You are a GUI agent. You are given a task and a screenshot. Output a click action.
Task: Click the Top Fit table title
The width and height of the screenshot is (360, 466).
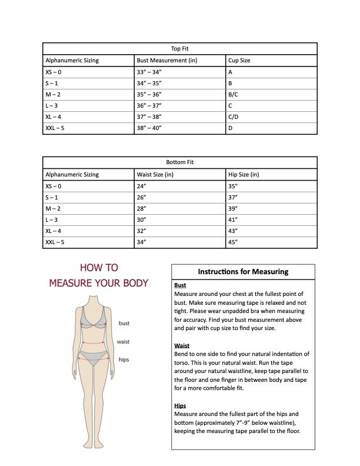click(180, 49)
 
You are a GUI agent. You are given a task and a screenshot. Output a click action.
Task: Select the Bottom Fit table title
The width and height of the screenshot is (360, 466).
click(180, 162)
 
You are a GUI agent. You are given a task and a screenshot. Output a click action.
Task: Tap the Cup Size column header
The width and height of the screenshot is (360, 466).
click(240, 60)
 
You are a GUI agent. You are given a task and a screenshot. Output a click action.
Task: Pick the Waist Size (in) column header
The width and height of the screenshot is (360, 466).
click(155, 174)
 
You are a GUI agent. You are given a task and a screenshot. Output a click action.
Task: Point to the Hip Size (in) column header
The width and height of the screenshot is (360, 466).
click(243, 174)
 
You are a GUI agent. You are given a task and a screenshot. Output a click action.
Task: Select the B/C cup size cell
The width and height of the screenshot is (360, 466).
click(233, 94)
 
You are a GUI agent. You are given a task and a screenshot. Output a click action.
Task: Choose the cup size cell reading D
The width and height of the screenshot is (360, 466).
click(231, 128)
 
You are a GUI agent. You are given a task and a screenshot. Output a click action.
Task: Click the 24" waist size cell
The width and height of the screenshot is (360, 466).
click(141, 186)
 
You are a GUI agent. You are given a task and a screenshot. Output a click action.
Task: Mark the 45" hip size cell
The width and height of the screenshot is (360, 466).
click(232, 242)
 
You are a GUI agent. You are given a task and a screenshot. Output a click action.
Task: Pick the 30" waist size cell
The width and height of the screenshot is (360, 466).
click(141, 219)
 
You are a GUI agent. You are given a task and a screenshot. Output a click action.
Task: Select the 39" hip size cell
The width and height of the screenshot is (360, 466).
click(232, 208)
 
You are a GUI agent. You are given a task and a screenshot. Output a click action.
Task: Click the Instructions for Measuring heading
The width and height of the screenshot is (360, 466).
click(243, 272)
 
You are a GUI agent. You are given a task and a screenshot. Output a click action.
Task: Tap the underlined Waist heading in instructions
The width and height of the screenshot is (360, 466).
click(181, 345)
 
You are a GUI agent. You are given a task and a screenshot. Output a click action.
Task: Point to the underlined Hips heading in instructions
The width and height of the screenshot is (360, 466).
click(180, 406)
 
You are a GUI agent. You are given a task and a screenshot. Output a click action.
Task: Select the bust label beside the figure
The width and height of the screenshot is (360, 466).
click(124, 323)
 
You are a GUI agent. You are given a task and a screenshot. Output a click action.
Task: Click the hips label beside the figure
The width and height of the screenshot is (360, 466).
click(124, 360)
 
